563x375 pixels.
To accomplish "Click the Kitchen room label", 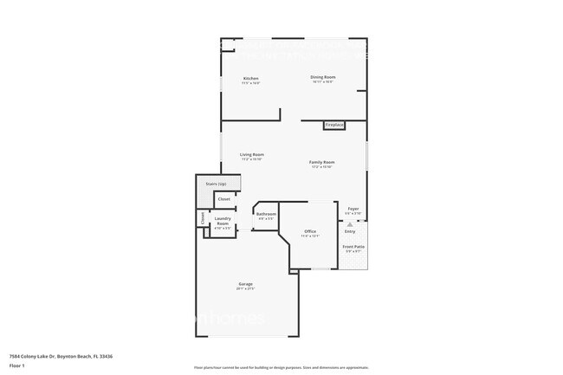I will click(250, 78).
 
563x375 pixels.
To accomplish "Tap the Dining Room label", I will click(323, 77).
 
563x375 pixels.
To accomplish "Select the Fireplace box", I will click(334, 126).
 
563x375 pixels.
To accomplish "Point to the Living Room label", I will click(252, 154).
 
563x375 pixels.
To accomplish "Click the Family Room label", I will click(322, 162).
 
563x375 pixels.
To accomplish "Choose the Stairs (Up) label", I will click(216, 184).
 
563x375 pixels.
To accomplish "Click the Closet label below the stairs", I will click(223, 199).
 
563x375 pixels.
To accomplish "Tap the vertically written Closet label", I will click(203, 218).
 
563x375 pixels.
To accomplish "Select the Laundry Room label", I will click(223, 221).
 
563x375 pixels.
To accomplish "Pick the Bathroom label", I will click(266, 214).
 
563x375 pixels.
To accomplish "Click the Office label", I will click(310, 231).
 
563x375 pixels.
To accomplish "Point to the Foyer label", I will click(353, 209).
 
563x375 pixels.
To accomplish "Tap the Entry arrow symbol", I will click(350, 224).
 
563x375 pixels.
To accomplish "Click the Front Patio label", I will click(353, 247).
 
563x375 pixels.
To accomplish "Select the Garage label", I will click(246, 284).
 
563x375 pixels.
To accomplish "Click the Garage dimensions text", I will click(246, 289).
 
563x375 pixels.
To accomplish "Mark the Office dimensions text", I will click(310, 236).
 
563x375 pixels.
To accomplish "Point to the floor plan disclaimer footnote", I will click(281, 368).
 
